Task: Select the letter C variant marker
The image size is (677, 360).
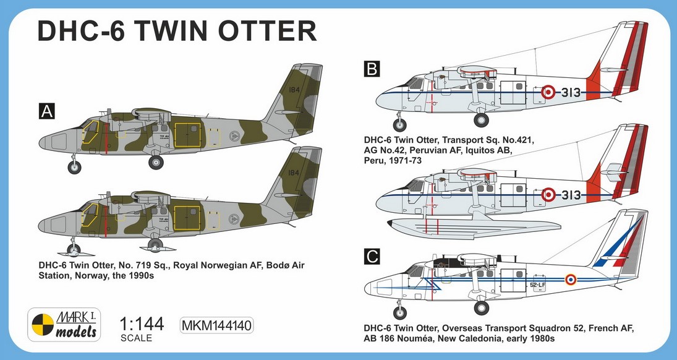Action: (x=372, y=256)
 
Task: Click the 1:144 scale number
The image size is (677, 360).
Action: (x=142, y=325)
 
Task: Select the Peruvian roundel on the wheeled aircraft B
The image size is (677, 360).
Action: (x=548, y=92)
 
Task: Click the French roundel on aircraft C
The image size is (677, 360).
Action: (x=570, y=280)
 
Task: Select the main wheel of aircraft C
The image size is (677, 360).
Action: (x=481, y=307)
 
